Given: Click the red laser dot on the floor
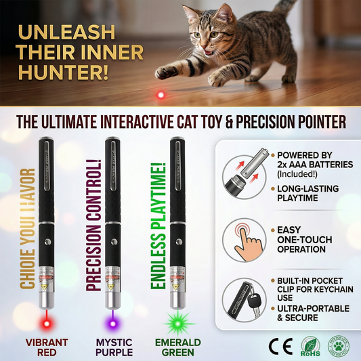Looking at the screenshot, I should tap(161, 95).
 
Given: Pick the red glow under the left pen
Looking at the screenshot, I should tap(47, 316).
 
